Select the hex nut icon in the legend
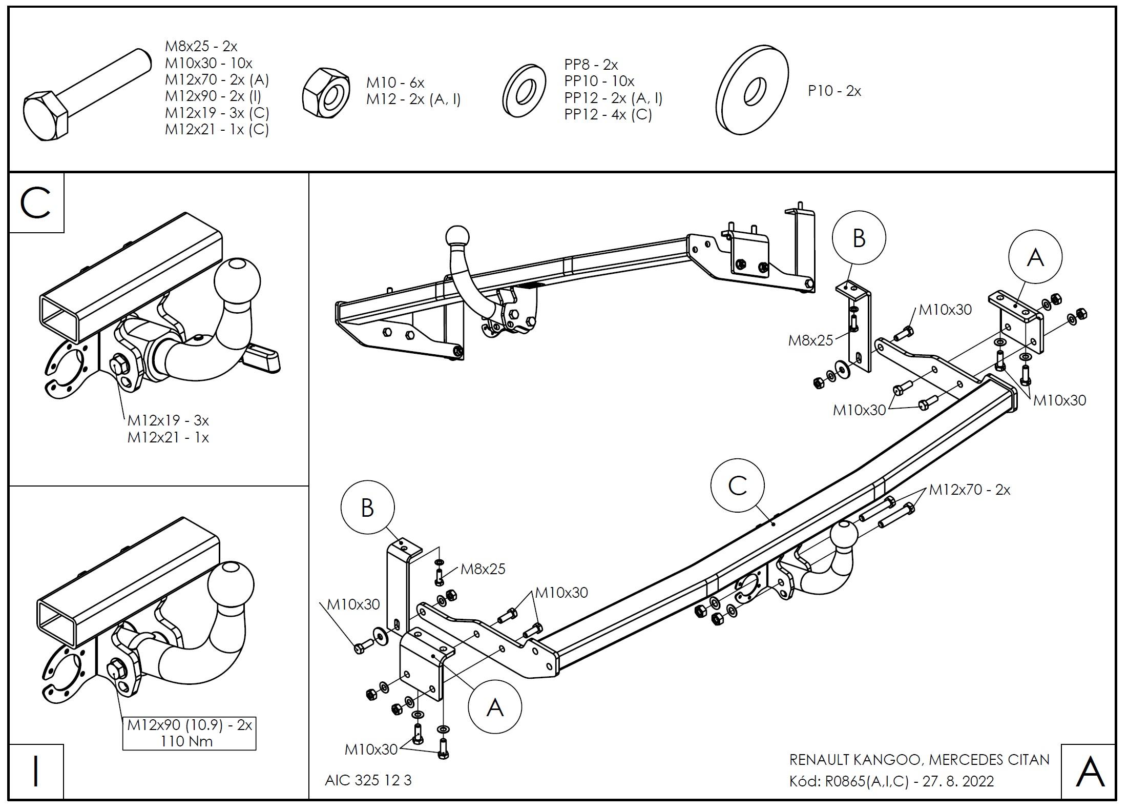[326, 90]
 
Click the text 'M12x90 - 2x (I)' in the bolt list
[213, 96]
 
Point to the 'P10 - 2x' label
[834, 91]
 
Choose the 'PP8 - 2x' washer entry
[591, 65]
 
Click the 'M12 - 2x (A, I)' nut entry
[413, 99]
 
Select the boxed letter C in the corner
[36, 203]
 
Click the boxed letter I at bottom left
[36, 772]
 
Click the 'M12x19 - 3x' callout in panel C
[168, 420]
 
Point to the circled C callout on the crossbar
[737, 485]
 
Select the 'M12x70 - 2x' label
[970, 490]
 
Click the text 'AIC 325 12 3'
[368, 780]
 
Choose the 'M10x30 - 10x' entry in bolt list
[208, 63]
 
